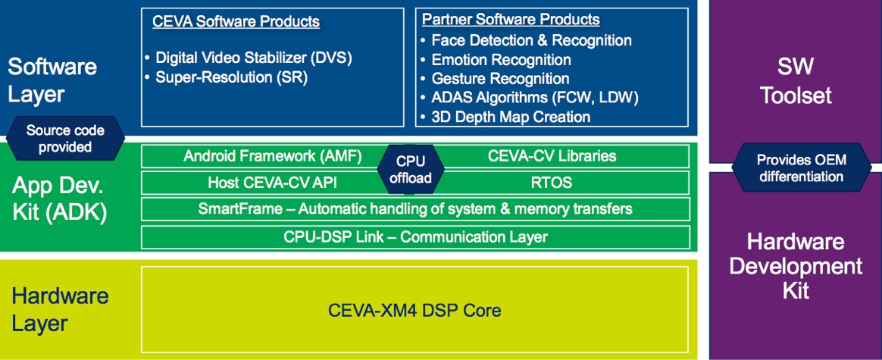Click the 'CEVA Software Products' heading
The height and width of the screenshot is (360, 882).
pyautogui.click(x=236, y=22)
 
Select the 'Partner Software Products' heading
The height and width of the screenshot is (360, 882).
pyautogui.click(x=511, y=20)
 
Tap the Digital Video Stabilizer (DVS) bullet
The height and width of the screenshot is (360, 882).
pyautogui.click(x=248, y=58)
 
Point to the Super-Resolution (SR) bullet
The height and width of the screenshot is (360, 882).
pyautogui.click(x=226, y=77)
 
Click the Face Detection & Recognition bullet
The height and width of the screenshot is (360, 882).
pyautogui.click(x=526, y=40)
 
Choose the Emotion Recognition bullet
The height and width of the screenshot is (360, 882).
pyautogui.click(x=496, y=60)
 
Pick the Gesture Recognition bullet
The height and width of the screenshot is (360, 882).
pyautogui.click(x=495, y=79)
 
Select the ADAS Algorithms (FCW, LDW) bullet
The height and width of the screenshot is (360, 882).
pyautogui.click(x=530, y=97)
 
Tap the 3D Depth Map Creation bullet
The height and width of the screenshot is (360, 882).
pyautogui.click(x=505, y=117)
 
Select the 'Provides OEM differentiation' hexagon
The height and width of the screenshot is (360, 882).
pyautogui.click(x=801, y=168)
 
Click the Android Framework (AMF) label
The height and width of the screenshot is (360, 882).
pyautogui.click(x=272, y=156)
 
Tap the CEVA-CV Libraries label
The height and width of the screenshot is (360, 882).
pyautogui.click(x=552, y=156)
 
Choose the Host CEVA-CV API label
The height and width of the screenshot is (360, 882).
pyautogui.click(x=272, y=182)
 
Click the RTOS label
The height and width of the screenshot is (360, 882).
pyautogui.click(x=552, y=182)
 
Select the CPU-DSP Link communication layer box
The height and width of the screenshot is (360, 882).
pyautogui.click(x=416, y=236)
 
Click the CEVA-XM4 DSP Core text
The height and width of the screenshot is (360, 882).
pyautogui.click(x=414, y=310)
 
